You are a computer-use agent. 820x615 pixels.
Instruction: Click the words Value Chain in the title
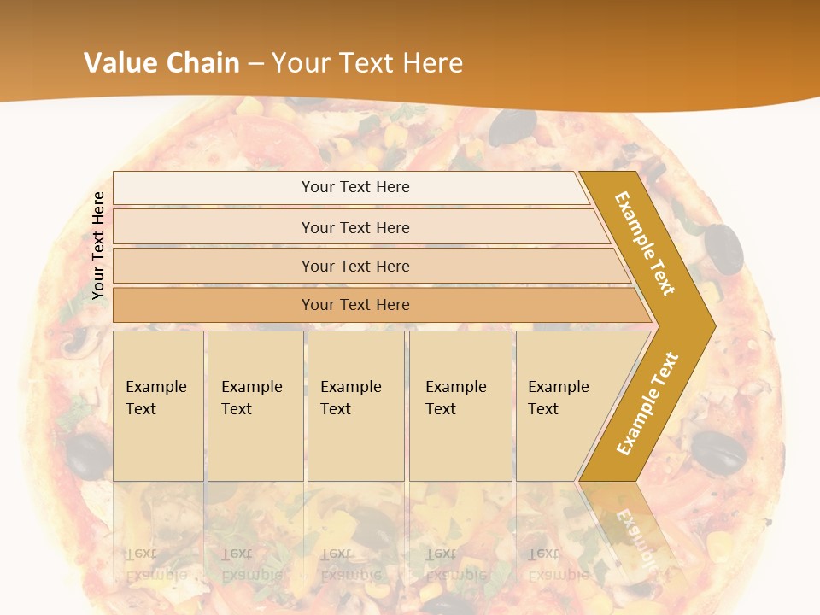tap(163, 63)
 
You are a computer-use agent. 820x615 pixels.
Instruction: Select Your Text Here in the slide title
tap(367, 63)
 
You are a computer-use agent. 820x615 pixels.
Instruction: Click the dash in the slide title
tap(255, 64)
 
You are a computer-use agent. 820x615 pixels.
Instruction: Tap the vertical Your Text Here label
tap(98, 245)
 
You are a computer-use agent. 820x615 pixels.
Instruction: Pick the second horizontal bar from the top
tap(354, 227)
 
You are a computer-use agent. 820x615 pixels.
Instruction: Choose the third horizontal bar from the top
tap(354, 266)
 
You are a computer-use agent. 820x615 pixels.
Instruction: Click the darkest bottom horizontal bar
tap(354, 305)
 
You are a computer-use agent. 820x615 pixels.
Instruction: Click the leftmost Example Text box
tap(158, 406)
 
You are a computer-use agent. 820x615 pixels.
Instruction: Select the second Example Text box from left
tap(255, 406)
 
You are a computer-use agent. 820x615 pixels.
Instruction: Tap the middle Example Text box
tap(355, 406)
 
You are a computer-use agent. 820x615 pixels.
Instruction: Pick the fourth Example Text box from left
tap(460, 406)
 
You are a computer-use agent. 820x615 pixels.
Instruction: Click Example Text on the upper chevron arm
tap(645, 243)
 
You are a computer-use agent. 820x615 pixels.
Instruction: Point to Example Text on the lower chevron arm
tap(647, 403)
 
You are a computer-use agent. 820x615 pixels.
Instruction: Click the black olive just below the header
tap(512, 127)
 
